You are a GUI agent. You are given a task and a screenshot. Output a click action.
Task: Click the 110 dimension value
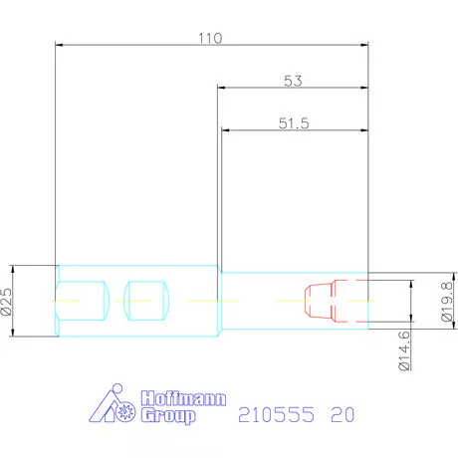coord(210,38)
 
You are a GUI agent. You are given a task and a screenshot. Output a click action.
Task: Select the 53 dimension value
coord(293,81)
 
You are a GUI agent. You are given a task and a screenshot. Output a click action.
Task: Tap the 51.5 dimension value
coord(294,123)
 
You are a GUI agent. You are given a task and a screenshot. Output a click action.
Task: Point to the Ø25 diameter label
coord(6,302)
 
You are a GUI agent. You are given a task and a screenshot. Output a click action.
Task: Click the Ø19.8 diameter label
coord(447,302)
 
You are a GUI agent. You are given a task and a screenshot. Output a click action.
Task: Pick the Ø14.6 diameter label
coord(404,350)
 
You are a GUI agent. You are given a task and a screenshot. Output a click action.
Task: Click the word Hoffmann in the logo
coord(183,398)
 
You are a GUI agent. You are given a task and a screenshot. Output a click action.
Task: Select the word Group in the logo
coord(168,416)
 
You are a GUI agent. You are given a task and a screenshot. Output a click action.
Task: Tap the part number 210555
coord(276,414)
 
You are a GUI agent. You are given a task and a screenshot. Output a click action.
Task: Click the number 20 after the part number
coord(343,414)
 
